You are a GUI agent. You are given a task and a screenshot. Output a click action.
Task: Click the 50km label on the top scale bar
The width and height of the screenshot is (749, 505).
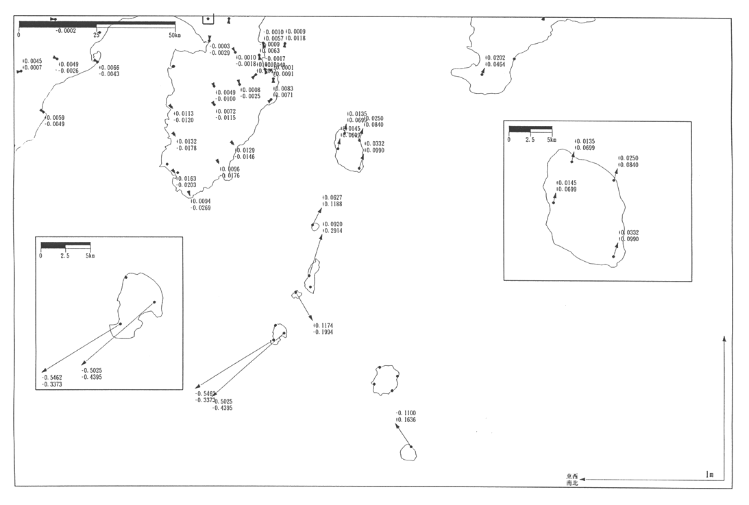[174, 35]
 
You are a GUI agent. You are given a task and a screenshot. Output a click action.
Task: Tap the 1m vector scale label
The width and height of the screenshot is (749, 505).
[709, 474]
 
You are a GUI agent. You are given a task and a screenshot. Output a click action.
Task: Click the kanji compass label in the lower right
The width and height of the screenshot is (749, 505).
[572, 480]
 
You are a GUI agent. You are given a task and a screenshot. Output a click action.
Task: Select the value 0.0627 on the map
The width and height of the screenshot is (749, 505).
[332, 197]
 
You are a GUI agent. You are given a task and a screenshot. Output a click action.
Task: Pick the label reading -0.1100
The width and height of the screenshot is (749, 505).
[406, 413]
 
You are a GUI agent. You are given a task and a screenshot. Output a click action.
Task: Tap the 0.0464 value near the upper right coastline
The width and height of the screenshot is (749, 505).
[495, 64]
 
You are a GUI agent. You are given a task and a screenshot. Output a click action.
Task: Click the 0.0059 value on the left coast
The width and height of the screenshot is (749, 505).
[56, 118]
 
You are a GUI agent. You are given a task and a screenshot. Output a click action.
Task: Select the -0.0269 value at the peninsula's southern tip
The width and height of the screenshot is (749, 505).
[201, 208]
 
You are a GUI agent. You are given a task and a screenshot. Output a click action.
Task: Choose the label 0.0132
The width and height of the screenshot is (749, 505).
[186, 142]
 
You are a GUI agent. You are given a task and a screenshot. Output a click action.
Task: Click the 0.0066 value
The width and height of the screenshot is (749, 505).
[110, 68]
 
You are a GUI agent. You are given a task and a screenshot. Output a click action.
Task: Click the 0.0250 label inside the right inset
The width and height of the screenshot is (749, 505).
[628, 158]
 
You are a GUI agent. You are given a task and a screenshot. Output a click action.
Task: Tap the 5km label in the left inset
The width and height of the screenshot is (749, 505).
[90, 256]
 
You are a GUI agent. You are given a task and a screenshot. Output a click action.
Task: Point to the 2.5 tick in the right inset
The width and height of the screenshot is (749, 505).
[530, 140]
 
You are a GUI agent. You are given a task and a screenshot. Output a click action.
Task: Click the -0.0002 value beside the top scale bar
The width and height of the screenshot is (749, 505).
[66, 30]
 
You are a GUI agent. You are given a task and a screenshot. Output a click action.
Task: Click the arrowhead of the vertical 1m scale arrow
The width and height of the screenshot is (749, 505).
[724, 338]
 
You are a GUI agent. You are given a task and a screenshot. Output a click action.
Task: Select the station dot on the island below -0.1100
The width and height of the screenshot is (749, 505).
[410, 447]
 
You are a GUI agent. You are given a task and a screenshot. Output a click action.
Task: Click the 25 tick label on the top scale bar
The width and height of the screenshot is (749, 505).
[97, 35]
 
